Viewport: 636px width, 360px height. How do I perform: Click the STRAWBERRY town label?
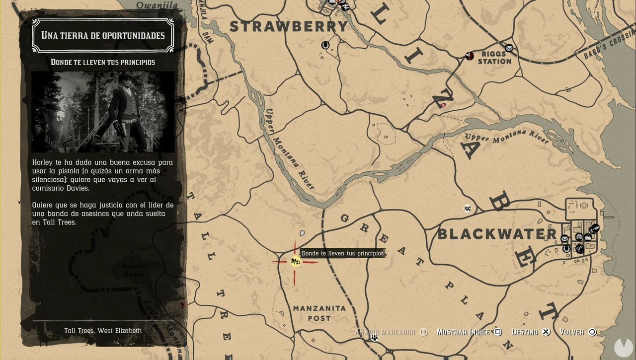[x=290, y=26]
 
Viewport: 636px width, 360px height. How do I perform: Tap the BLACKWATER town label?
[x=497, y=234]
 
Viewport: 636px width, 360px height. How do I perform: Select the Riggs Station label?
[x=494, y=58]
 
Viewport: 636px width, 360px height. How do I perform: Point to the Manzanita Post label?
[x=319, y=313]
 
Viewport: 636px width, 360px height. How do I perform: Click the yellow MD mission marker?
[x=295, y=262]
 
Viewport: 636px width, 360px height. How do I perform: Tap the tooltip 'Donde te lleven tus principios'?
[x=343, y=253]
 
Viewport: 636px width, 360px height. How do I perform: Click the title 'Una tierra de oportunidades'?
[x=103, y=35]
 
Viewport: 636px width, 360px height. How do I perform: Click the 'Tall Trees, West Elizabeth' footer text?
[x=103, y=331]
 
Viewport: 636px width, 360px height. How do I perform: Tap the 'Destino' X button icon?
[x=546, y=332]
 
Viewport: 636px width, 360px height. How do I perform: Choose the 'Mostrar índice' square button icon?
[x=498, y=332]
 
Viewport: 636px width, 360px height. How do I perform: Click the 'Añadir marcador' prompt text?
[x=385, y=332]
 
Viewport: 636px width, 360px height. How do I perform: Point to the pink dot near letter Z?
[x=443, y=105]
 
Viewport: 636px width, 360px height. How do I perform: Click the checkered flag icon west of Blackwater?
[x=468, y=209]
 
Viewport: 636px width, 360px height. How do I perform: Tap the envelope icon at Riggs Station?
[x=509, y=48]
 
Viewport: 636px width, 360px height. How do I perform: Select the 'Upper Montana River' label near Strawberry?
[x=290, y=148]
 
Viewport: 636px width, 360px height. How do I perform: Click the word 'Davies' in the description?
[x=78, y=188]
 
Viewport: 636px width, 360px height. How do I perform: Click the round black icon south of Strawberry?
[x=325, y=45]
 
